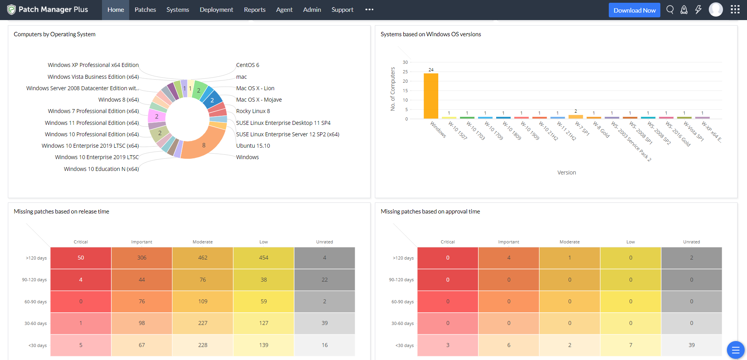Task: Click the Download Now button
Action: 634,10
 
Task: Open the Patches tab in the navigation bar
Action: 145,10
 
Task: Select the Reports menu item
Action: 254,10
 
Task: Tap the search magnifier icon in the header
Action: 669,9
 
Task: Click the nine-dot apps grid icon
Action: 735,9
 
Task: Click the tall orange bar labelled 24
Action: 431,96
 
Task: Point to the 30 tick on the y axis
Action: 405,62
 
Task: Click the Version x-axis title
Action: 566,173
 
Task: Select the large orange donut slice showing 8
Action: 204,145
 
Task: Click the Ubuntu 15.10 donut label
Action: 253,146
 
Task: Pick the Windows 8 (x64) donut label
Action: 118,100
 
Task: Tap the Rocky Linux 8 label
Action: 253,111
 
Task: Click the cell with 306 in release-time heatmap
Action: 142,258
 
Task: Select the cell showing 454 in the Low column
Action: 263,258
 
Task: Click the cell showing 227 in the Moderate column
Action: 202,323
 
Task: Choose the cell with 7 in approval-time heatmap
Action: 630,345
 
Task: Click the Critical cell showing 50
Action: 81,258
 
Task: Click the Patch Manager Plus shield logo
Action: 11,9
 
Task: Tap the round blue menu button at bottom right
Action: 735,350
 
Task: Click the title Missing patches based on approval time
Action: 430,212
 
